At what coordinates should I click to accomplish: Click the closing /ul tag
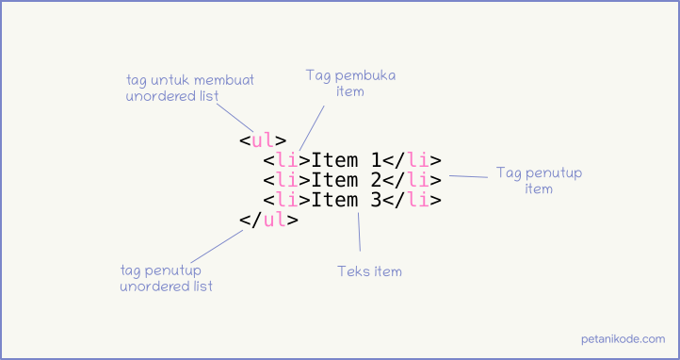268,221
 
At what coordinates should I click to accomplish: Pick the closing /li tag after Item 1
413,160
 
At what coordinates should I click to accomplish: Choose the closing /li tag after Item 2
413,180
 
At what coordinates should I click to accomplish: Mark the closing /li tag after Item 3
413,200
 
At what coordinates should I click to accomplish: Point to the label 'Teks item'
369,271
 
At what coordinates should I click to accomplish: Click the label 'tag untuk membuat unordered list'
189,87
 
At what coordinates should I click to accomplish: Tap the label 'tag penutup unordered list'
166,278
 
